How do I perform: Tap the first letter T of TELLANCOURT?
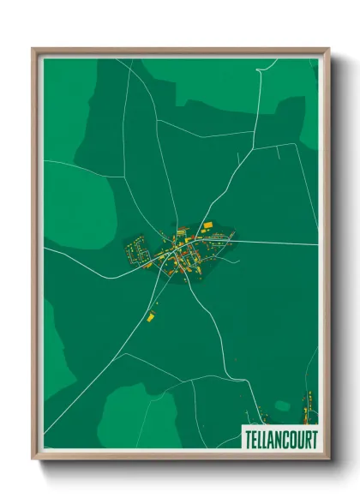249,436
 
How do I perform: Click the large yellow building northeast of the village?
207,225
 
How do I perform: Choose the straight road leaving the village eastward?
274,243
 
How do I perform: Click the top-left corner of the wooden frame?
33,50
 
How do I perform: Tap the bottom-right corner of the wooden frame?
328,459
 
